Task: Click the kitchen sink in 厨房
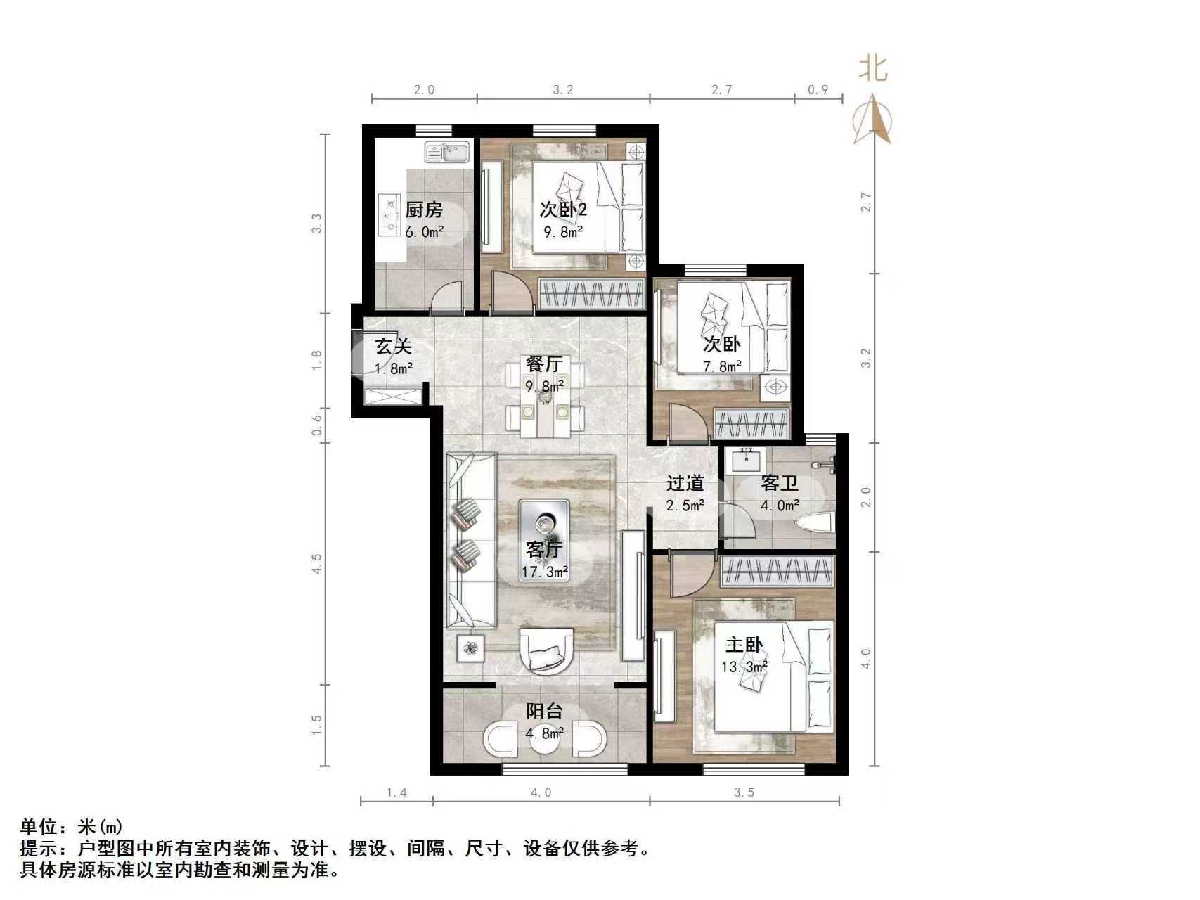point(447,152)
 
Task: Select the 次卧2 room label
point(562,210)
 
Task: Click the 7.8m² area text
point(722,366)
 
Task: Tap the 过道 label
point(685,483)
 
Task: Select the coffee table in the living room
point(544,540)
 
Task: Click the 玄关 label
point(392,346)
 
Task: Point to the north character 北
point(872,69)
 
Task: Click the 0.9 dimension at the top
point(818,89)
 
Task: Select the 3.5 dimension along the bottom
point(744,792)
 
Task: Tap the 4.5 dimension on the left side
point(316,564)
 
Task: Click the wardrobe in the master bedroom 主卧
point(778,570)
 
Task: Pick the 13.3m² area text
point(743,666)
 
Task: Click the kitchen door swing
point(447,295)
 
